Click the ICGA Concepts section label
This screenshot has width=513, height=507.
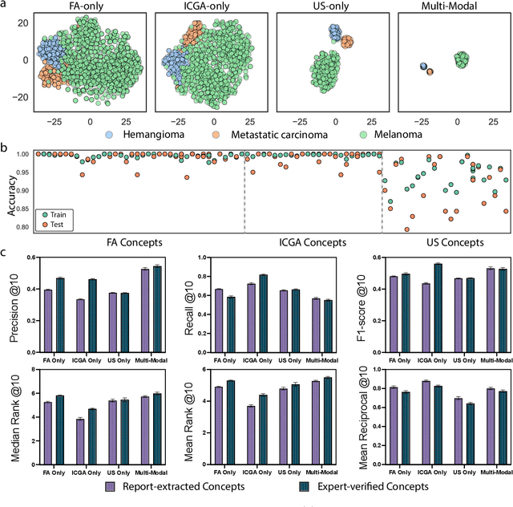(313, 241)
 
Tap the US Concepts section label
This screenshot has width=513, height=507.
(453, 241)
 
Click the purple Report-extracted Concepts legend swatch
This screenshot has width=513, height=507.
(115, 486)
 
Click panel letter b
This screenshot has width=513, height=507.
(5, 149)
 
